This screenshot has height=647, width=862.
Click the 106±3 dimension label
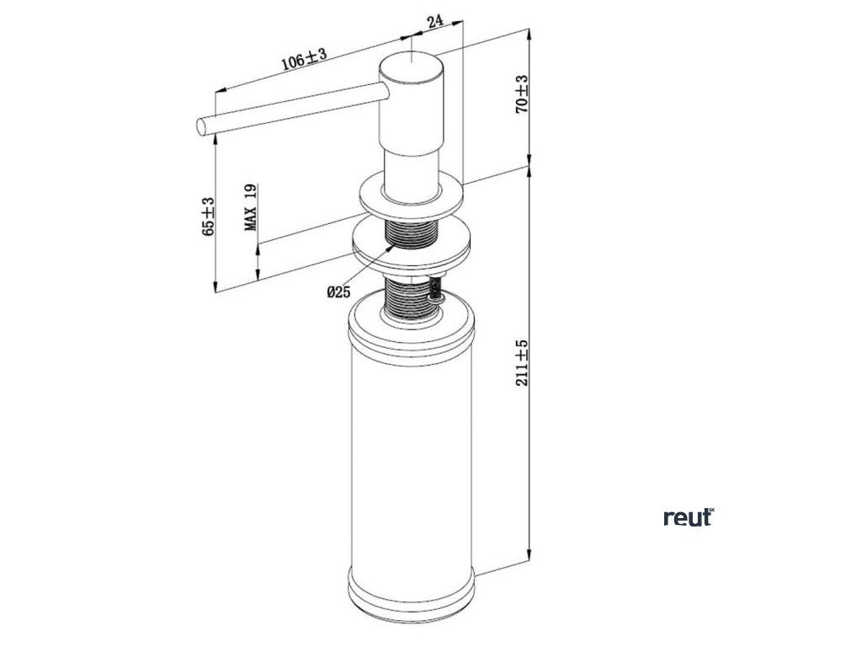click(x=304, y=59)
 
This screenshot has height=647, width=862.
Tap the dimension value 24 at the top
click(x=435, y=23)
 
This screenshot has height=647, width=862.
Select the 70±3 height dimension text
click(x=522, y=94)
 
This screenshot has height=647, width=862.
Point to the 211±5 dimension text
click(x=522, y=361)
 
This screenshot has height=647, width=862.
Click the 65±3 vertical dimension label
click(x=209, y=217)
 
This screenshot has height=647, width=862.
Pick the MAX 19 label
click(x=251, y=208)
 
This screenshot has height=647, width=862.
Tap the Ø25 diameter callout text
click(x=338, y=292)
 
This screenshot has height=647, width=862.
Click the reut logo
click(x=688, y=517)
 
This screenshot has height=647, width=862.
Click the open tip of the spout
click(x=201, y=126)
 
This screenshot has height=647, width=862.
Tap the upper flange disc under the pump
click(x=411, y=195)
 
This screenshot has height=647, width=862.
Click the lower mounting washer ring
click(x=410, y=245)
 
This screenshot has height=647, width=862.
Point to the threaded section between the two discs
click(x=410, y=228)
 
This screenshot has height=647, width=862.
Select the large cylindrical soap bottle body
click(x=411, y=455)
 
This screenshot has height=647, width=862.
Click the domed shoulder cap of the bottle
click(x=411, y=324)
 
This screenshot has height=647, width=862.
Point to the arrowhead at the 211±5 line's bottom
click(x=529, y=555)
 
